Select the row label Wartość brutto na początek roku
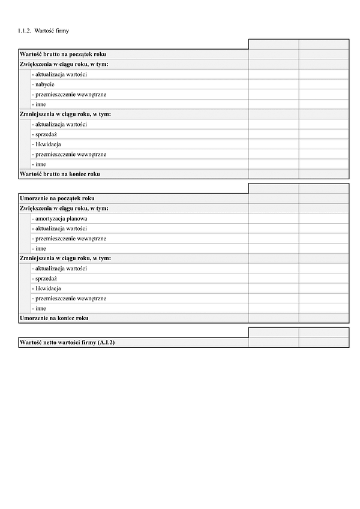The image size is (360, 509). pos(63,55)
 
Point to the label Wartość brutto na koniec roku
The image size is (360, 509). pos(60,174)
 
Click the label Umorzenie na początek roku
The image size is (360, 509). pos(57,198)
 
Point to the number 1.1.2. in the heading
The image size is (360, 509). pos(25,30)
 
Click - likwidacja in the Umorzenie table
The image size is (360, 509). pos(46,288)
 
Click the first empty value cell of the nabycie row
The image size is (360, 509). pos(274,85)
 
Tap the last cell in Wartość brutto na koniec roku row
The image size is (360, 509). pos(324,174)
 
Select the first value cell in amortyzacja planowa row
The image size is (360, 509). pos(274,219)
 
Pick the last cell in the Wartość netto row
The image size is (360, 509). pos(324,342)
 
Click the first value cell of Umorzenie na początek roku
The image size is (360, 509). pos(274,198)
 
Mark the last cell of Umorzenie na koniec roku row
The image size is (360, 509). pos(324,318)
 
